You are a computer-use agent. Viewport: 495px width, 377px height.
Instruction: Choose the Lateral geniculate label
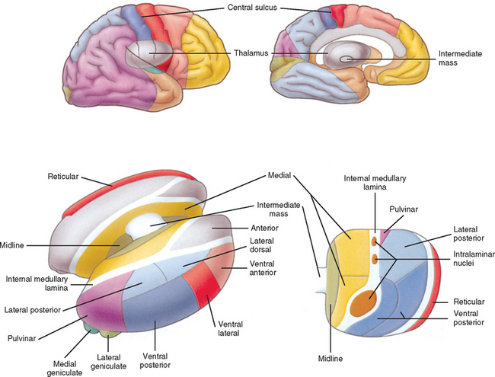(110, 362)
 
